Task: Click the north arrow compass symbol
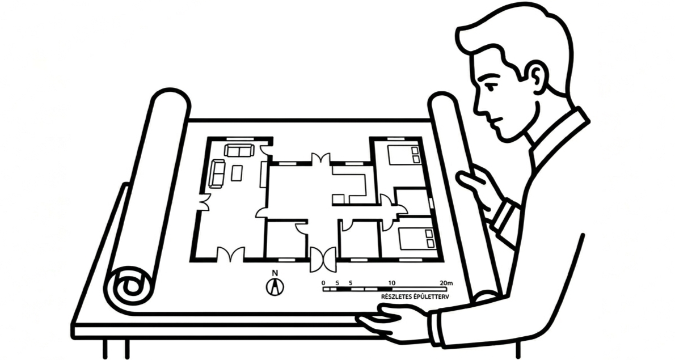point(275,287)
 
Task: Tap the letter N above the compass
point(275,273)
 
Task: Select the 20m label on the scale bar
point(446,282)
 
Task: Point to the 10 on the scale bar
point(391,282)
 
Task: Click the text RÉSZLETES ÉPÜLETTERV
point(412,297)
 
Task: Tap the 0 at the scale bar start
point(323,282)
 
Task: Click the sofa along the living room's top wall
point(239,150)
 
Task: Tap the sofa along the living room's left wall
point(217,173)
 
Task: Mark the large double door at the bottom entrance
point(323,259)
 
